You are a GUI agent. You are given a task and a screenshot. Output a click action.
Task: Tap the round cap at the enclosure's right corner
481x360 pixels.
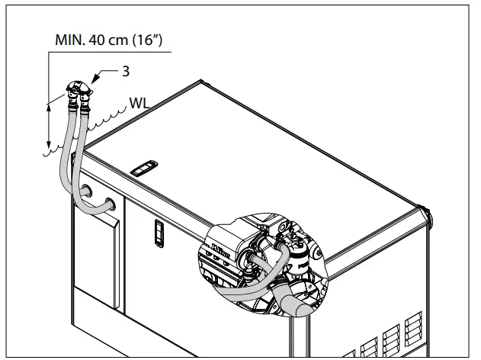(x=431, y=220)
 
